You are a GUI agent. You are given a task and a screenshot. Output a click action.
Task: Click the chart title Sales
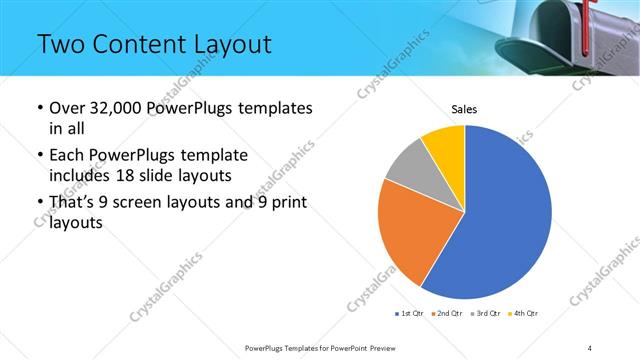tap(464, 109)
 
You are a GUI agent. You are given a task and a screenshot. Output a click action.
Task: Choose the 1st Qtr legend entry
tap(410, 314)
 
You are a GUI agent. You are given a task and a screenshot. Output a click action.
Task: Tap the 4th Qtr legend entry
tap(525, 314)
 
